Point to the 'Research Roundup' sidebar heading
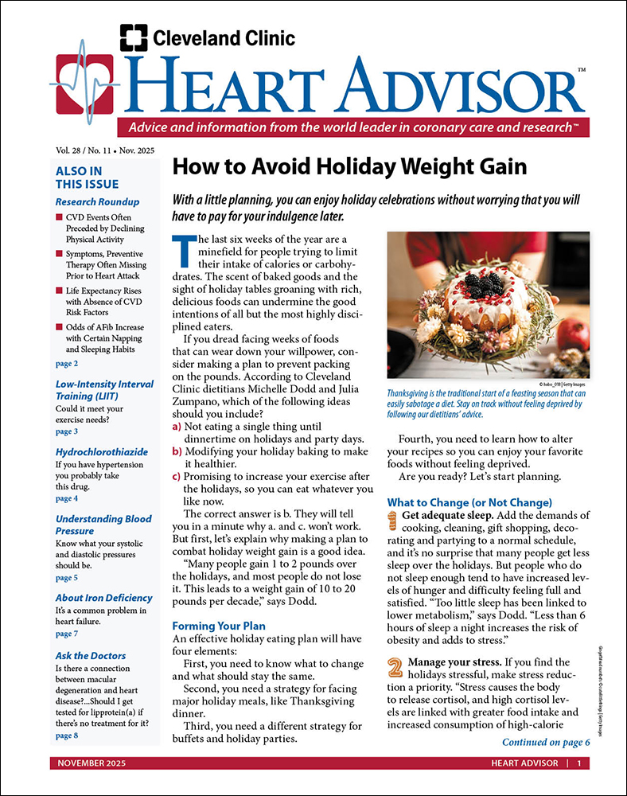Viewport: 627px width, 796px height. click(x=97, y=201)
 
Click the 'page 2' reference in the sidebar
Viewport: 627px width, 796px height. click(x=67, y=363)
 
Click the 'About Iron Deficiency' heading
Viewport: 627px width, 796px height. click(x=103, y=598)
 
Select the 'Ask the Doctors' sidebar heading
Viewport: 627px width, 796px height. click(x=91, y=656)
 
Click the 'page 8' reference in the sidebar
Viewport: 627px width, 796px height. click(x=67, y=736)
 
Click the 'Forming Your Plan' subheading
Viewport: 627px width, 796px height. click(x=216, y=626)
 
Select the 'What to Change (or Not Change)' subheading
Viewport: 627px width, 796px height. click(x=469, y=502)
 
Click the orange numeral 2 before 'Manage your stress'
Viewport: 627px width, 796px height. click(x=395, y=667)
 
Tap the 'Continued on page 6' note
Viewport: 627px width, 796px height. click(x=546, y=743)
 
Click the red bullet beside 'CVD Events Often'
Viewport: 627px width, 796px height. click(x=60, y=217)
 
